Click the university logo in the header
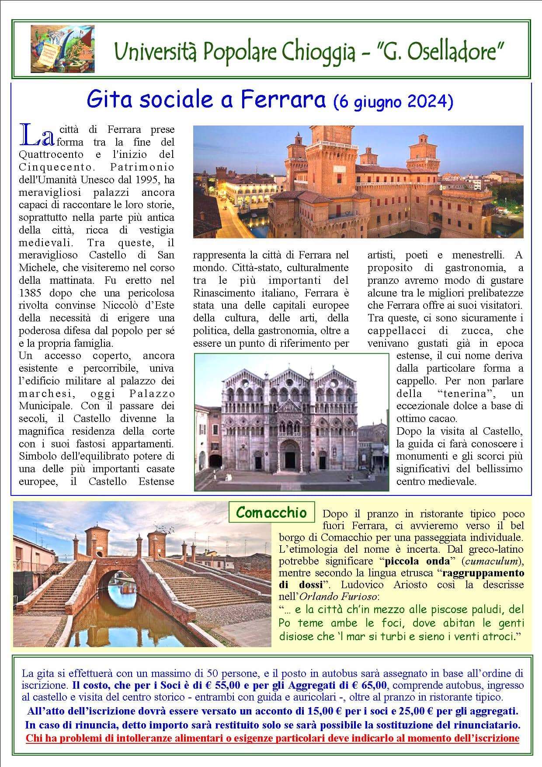[x=63, y=49]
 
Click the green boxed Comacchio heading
[x=271, y=512]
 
